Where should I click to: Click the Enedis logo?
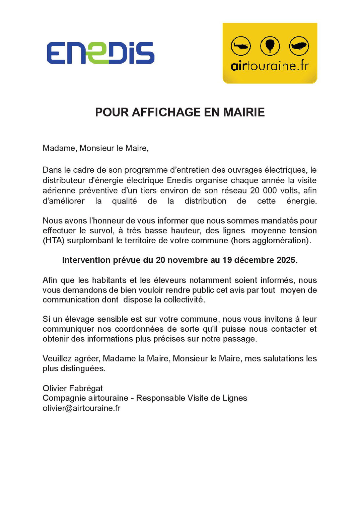pos(100,53)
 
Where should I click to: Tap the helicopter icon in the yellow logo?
pos(240,46)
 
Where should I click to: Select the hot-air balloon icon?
pos(270,46)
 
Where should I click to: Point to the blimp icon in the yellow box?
pos(299,46)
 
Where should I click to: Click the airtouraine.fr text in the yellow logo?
pos(270,66)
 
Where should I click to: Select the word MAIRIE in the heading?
pos(244,112)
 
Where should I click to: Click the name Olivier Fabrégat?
pos(73,388)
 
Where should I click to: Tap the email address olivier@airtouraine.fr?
pos(81,408)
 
